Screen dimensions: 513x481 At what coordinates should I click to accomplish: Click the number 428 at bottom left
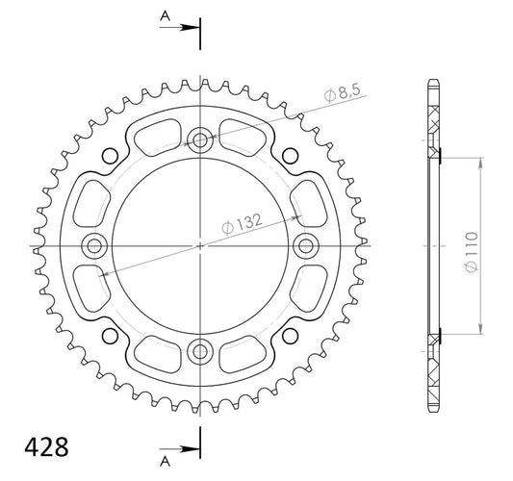pos(47,446)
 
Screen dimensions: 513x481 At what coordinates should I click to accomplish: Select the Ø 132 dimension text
pos(242,224)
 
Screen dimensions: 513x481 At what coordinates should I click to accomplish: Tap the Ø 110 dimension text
pos(472,252)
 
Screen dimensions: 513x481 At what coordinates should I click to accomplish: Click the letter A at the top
pos(166,15)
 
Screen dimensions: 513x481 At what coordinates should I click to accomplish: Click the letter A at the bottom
pos(166,462)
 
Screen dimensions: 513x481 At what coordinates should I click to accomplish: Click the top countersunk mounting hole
pos(200,140)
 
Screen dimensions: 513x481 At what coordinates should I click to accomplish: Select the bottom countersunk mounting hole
pos(200,352)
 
